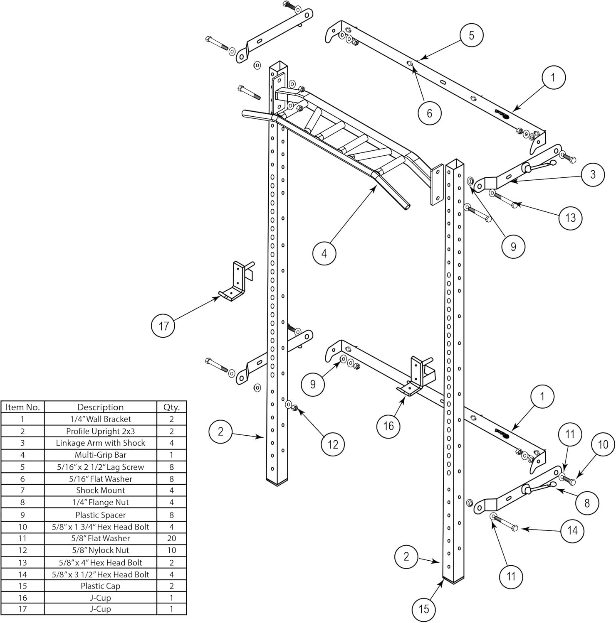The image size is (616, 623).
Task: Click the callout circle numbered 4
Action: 324,253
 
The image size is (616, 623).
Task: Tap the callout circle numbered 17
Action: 163,326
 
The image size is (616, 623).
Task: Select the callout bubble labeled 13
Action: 570,218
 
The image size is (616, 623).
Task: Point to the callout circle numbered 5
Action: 471,35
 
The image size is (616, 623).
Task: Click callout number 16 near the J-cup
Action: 388,426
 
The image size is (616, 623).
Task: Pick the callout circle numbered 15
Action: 424,609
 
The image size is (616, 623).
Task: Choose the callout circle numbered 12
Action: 333,444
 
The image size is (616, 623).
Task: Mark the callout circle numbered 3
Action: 593,174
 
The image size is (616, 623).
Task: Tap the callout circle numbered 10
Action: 603,445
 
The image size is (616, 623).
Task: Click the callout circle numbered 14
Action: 572,530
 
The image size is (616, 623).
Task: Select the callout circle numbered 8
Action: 587,503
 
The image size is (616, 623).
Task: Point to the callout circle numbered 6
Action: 430,113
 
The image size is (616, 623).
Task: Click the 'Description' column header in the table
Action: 100,407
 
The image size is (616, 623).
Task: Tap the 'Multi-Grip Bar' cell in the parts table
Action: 100,455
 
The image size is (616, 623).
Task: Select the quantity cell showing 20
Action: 171,538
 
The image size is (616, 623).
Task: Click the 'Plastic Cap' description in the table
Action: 100,586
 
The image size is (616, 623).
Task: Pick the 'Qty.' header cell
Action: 171,407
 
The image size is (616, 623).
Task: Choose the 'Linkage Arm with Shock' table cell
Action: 100,443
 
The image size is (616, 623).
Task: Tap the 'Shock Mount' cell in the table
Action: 100,491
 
